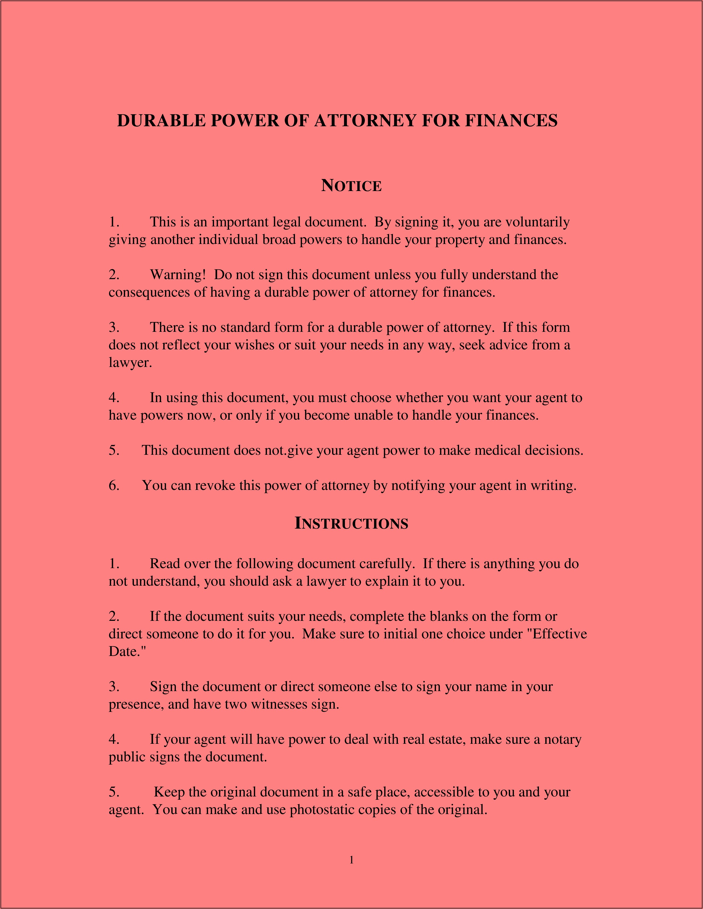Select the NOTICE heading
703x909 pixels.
351,186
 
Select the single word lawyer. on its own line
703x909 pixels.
130,363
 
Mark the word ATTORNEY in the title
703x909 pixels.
365,121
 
